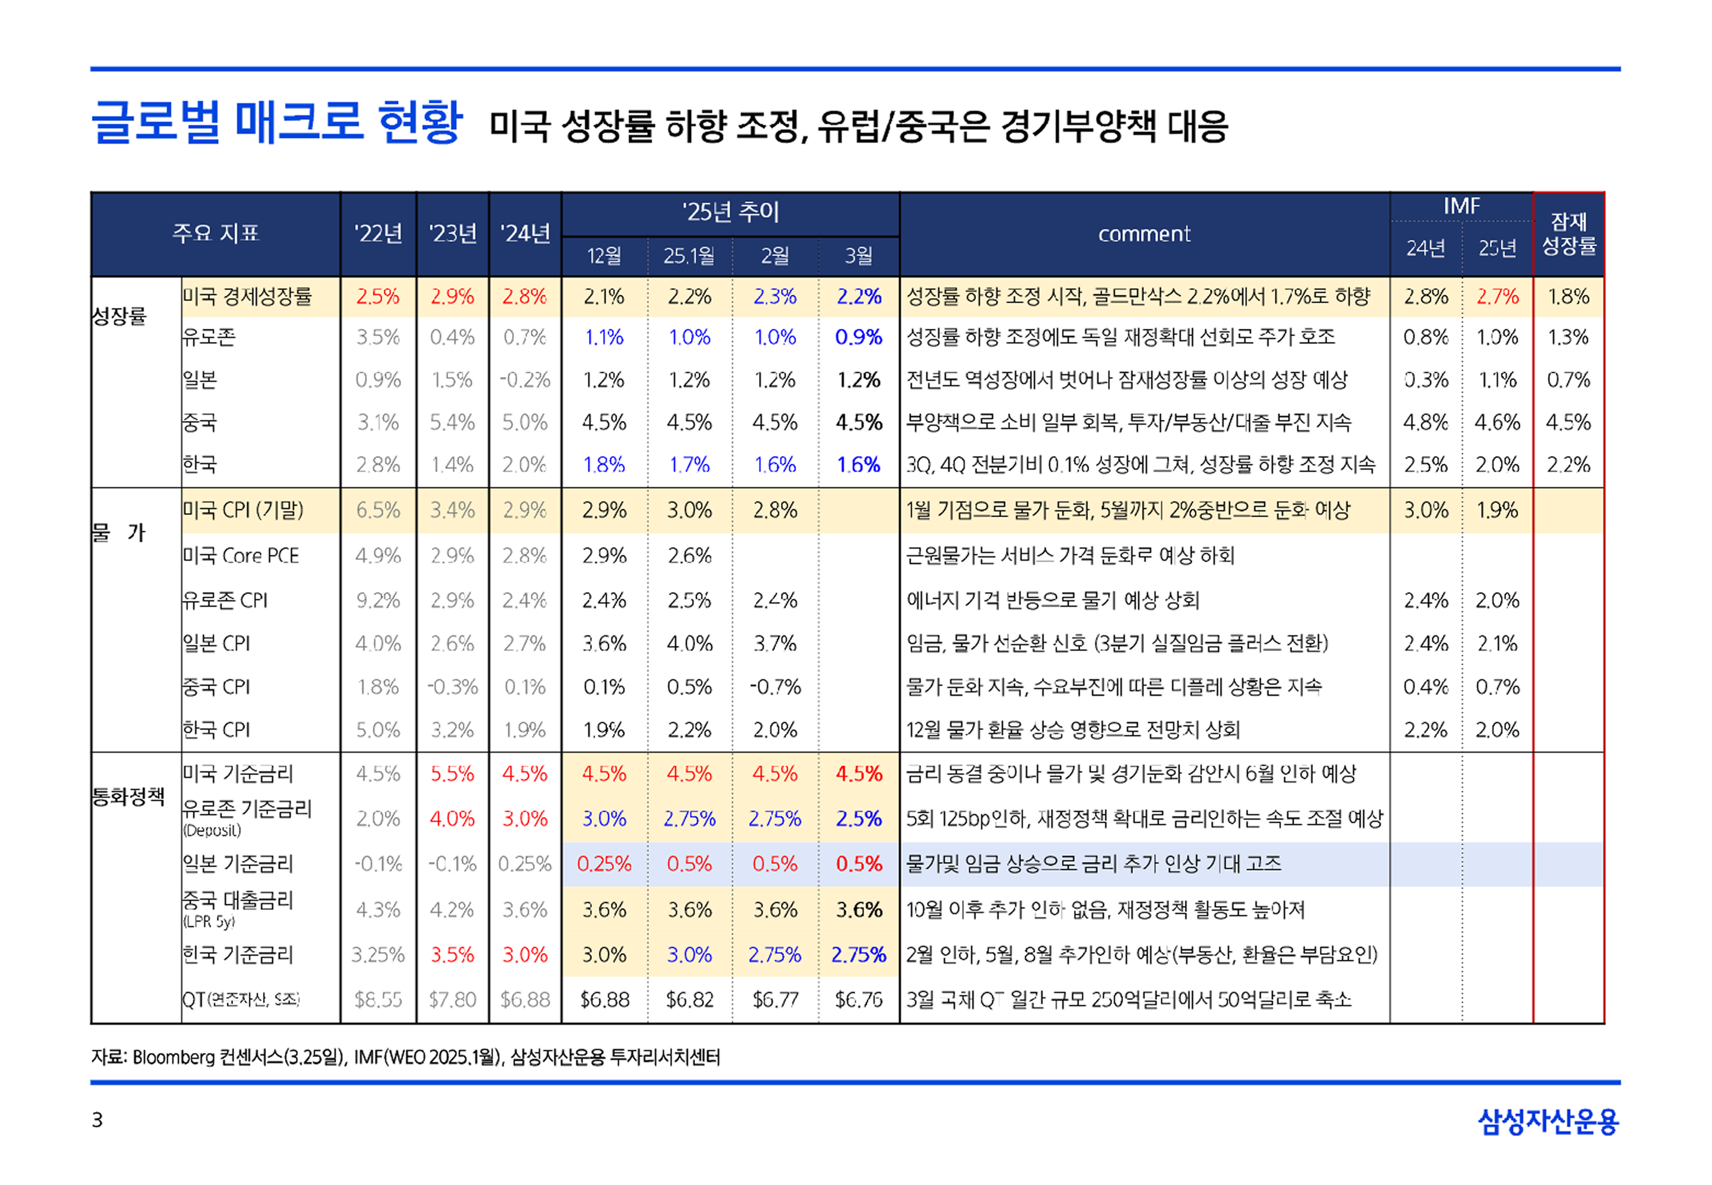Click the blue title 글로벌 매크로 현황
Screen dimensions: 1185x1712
pos(276,122)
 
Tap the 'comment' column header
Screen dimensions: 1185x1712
pos(1144,234)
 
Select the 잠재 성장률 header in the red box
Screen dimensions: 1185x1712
pos(1568,234)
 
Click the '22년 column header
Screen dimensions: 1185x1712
pos(378,234)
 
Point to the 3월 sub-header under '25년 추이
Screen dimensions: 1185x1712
pos(858,256)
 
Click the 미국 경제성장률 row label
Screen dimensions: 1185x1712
pos(247,296)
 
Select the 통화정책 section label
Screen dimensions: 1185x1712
pos(128,797)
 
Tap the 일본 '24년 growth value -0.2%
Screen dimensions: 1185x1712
pos(525,380)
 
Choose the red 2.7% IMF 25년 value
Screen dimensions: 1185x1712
pos(1497,297)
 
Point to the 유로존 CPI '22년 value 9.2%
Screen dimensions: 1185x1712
pos(378,600)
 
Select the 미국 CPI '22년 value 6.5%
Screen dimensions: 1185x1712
pos(378,511)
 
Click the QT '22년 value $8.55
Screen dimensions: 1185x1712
pos(378,1000)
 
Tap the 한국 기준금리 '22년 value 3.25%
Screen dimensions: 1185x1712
pos(378,955)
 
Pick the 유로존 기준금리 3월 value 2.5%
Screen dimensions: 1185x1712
pos(858,819)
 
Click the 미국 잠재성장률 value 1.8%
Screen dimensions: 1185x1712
pos(1568,297)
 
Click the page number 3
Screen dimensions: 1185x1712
pos(97,1120)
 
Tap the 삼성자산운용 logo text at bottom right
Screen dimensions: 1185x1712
pos(1547,1121)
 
